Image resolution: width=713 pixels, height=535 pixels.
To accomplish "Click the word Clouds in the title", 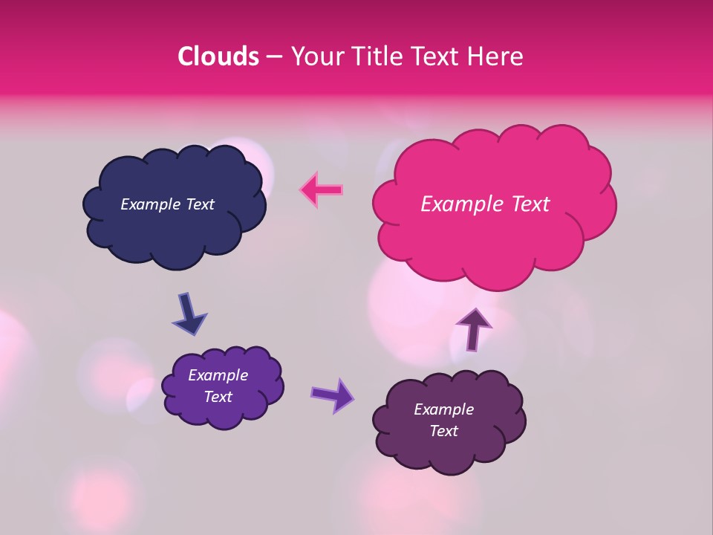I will (x=218, y=56).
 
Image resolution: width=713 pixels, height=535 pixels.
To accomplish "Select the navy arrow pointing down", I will (x=189, y=314).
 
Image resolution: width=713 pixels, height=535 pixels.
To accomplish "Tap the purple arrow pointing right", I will (x=332, y=395).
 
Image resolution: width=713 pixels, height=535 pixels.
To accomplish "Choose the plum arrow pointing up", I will (x=473, y=328).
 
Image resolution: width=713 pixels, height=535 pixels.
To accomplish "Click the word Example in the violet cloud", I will (x=218, y=375).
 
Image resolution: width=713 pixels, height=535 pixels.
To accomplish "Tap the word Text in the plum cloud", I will (x=443, y=431).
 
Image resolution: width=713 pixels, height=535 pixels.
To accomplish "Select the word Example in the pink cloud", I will (x=460, y=204).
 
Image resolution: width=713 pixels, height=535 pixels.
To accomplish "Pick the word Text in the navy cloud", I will (x=200, y=204).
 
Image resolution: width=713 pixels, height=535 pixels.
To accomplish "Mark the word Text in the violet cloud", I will (x=218, y=397).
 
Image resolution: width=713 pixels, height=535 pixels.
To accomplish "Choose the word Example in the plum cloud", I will (x=443, y=409).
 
